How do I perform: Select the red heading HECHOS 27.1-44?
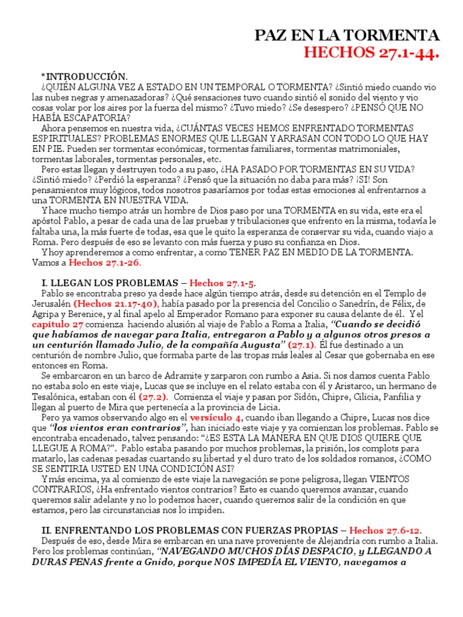(371, 55)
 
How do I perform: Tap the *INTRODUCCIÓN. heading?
(84, 77)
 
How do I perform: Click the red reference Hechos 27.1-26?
(106, 263)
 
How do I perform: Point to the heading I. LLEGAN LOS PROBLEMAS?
(112, 283)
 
